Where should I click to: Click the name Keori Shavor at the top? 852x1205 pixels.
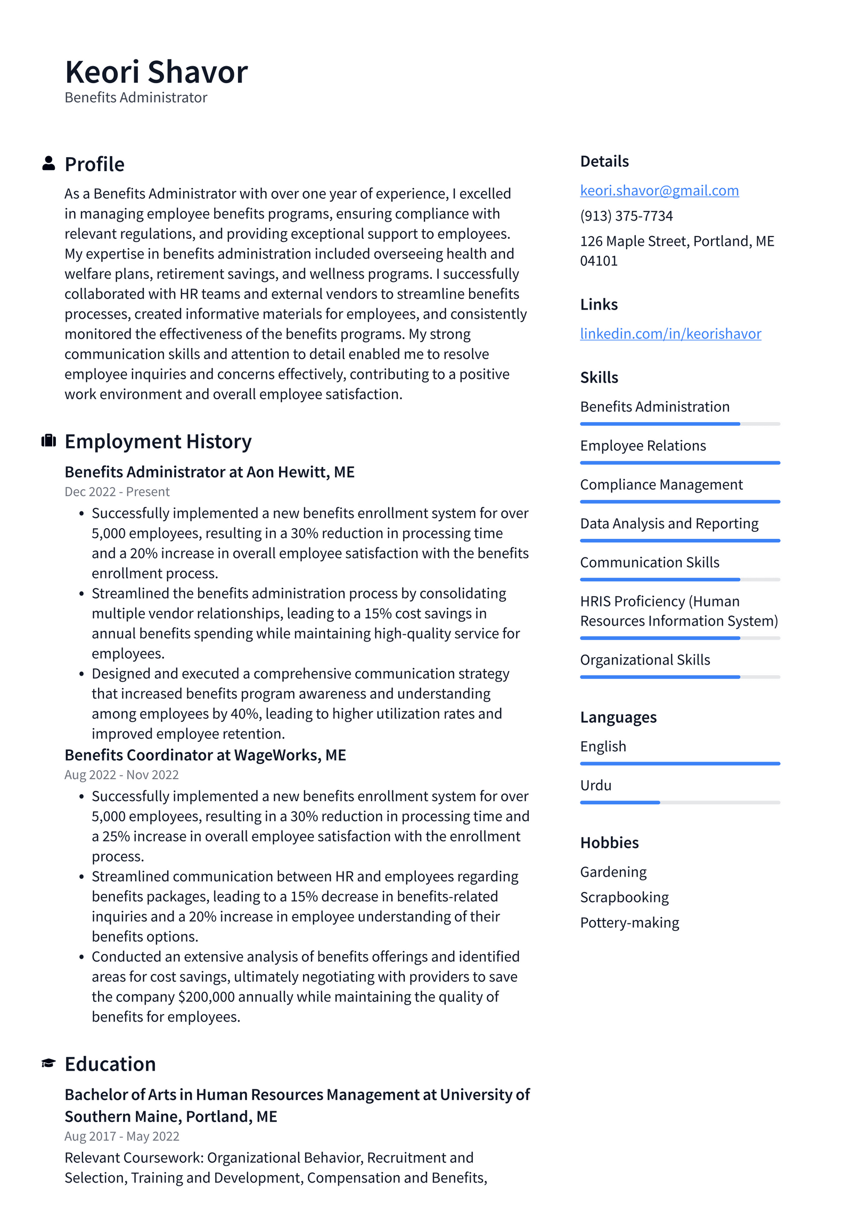156,72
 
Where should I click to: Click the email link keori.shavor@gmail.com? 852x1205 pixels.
659,190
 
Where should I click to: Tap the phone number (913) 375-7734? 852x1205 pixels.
626,216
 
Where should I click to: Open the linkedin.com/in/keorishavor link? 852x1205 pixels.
670,334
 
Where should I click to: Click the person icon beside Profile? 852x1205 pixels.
48,163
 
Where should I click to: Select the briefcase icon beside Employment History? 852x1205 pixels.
48,441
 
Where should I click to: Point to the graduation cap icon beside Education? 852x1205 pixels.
48,1063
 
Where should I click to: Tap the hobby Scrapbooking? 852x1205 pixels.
624,897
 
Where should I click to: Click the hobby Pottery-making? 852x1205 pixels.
629,923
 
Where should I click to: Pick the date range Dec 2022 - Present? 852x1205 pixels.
117,491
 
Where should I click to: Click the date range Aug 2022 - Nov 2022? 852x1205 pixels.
121,774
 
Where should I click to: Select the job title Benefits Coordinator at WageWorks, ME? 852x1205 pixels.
205,755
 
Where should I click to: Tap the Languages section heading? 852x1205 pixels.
618,717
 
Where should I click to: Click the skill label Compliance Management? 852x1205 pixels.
661,484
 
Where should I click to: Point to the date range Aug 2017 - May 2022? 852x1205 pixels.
121,1136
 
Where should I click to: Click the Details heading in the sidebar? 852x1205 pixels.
604,161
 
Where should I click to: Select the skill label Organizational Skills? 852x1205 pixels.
644,660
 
